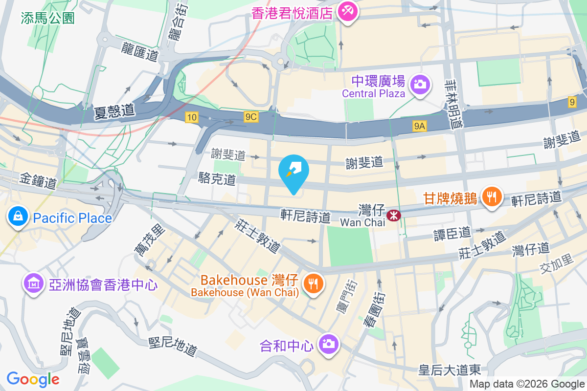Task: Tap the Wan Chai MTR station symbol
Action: coord(392,215)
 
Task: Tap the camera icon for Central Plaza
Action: coord(419,84)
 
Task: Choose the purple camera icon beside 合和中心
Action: coord(328,344)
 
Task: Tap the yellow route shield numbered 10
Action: coord(191,117)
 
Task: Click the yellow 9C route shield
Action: coord(251,117)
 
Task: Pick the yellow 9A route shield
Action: coord(420,127)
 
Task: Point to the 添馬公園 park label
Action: coord(48,19)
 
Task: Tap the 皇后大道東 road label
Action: coord(451,370)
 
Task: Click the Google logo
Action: coord(33,379)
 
